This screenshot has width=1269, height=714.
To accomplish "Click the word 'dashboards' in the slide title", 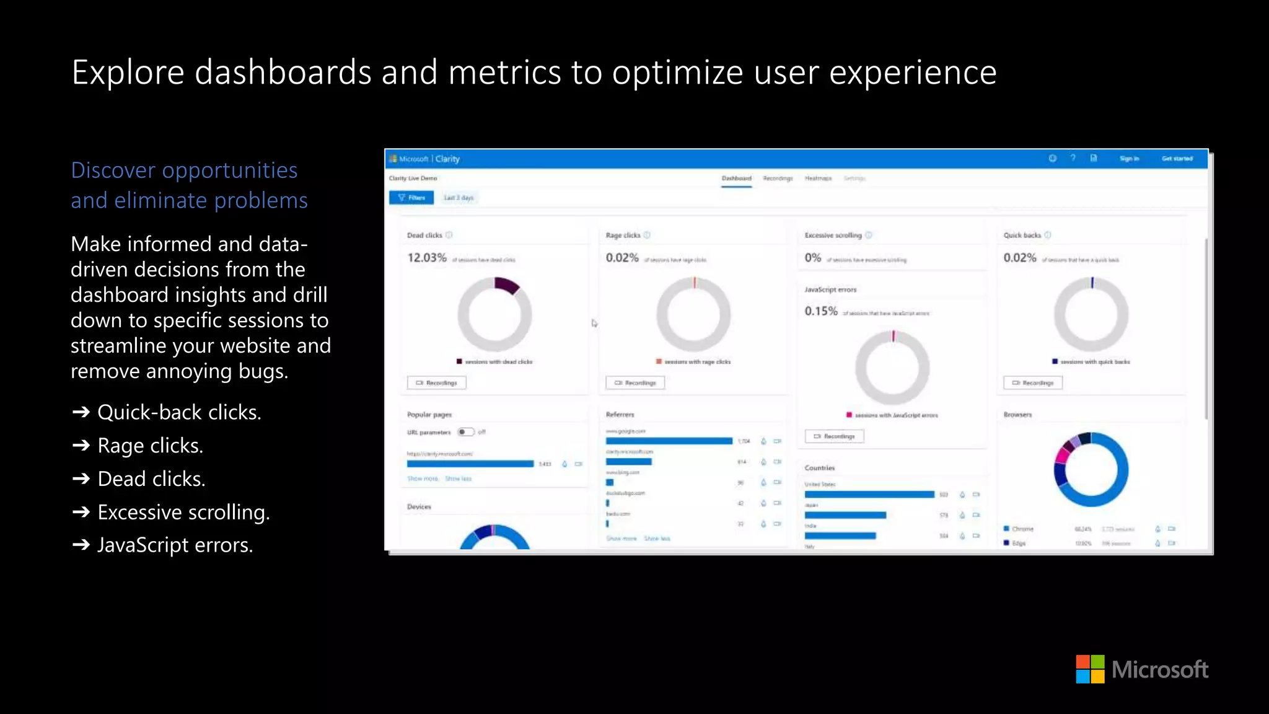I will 283,73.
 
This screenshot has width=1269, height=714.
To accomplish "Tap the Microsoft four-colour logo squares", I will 1090,669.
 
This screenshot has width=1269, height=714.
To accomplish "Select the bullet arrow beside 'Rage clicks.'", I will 81,445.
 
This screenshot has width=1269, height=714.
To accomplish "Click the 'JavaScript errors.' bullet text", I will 175,545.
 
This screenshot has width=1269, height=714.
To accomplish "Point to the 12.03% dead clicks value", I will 427,258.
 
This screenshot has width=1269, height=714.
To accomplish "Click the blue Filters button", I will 411,198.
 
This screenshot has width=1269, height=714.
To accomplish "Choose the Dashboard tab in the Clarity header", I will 736,178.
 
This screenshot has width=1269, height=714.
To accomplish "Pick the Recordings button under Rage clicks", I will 635,383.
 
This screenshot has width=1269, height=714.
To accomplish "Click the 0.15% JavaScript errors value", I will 821,311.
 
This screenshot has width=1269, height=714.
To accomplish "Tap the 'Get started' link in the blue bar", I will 1177,159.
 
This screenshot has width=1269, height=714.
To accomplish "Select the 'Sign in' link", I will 1129,159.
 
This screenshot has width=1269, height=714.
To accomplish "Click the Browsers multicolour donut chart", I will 1091,469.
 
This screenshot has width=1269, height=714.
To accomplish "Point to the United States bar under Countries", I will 869,495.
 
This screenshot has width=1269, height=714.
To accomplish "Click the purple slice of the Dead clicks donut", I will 506,284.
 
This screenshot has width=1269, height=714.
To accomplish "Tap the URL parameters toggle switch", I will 465,432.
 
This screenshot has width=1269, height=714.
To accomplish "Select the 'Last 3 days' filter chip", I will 459,198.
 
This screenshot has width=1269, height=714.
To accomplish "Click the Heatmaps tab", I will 818,178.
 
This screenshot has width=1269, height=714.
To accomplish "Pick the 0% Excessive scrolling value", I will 813,258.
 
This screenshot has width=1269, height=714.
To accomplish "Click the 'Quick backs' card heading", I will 1022,236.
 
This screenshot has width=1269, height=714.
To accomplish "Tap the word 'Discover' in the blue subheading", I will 113,170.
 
